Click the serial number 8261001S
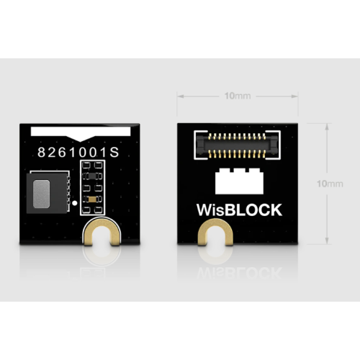[78, 152]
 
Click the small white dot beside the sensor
[75, 203]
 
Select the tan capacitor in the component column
[92, 199]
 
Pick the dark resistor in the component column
[92, 176]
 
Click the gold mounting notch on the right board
[215, 231]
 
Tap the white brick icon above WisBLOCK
[239, 181]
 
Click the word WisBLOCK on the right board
[239, 210]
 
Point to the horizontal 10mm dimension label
[238, 96]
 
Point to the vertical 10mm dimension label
[330, 184]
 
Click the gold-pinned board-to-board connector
[237, 145]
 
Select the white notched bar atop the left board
[81, 132]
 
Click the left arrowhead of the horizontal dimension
[181, 96]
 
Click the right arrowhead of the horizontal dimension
[294, 96]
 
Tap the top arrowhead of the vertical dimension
[327, 127]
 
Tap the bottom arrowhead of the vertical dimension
[327, 240]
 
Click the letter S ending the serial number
[114, 152]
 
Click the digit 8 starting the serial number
[41, 152]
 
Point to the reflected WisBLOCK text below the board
[239, 272]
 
